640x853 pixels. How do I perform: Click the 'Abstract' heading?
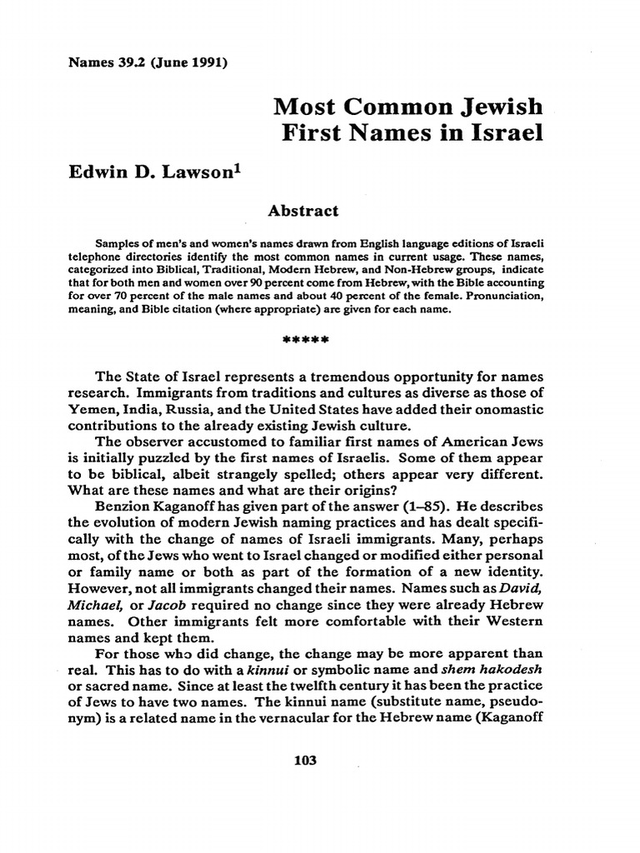(x=302, y=211)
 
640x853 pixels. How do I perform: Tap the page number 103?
(x=307, y=761)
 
